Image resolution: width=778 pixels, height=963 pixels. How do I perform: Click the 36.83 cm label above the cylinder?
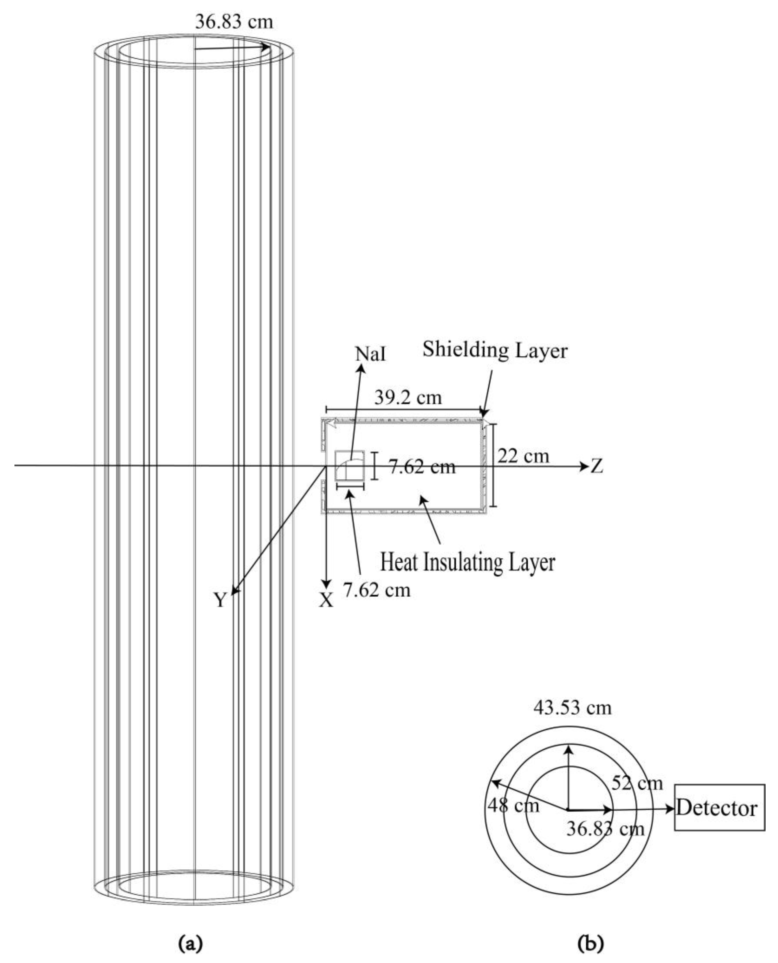234,21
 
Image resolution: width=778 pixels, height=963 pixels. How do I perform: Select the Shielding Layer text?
495,350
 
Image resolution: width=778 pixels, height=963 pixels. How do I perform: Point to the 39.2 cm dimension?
408,398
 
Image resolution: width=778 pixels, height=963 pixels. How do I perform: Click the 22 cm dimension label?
523,457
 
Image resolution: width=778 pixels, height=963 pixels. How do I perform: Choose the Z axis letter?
597,467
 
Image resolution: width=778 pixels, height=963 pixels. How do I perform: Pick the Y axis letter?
219,600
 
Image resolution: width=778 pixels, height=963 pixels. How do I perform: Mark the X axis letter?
326,600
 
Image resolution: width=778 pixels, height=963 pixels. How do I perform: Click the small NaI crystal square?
349,466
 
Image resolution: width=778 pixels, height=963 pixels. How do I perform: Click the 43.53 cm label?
572,708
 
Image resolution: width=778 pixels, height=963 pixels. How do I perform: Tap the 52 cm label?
637,783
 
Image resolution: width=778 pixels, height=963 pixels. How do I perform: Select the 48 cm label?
513,805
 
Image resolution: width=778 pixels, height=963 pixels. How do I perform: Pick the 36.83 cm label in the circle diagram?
605,828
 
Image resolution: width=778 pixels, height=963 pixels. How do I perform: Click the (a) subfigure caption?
191,943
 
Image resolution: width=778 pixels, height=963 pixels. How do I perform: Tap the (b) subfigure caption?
591,943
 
